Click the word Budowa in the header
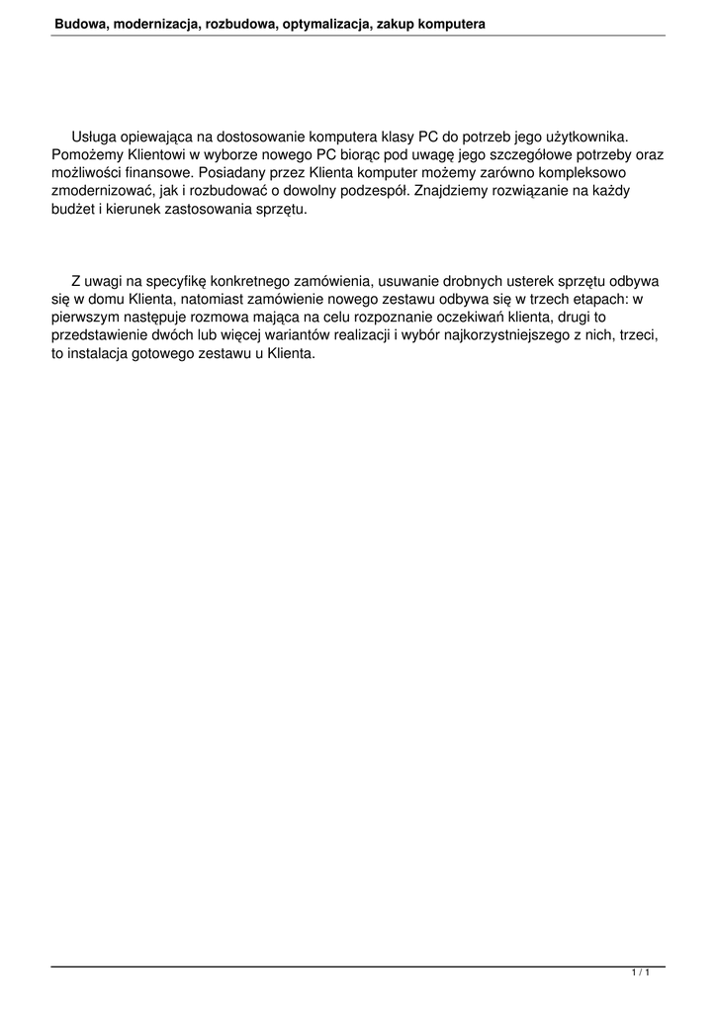78,23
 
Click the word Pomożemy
87,155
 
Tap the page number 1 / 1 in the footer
640,973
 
